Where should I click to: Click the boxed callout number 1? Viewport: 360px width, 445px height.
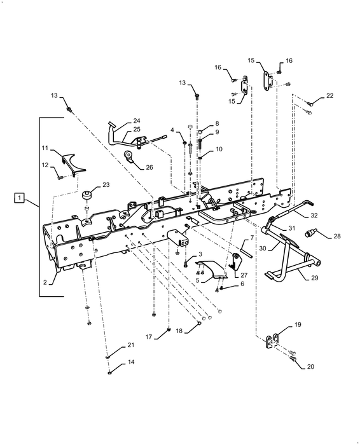pos(19,198)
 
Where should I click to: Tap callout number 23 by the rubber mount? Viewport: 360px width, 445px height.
pos(106,185)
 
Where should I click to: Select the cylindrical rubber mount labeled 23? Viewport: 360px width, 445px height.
pos(87,196)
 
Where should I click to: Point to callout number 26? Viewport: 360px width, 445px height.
pos(149,167)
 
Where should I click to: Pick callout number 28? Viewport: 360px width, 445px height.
pos(336,236)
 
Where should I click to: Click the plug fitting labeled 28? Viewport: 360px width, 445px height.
pos(310,234)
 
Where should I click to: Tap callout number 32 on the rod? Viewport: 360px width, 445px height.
pos(314,216)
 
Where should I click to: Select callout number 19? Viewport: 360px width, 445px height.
pos(298,324)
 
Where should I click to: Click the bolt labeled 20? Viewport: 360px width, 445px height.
pos(293,359)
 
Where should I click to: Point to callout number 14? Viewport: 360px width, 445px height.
pos(131,362)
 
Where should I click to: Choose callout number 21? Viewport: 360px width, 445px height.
pos(130,345)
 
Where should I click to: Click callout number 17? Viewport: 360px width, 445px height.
pos(149,337)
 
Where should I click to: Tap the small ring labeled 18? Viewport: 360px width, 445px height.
pos(200,323)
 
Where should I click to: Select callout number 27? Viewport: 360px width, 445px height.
pos(244,275)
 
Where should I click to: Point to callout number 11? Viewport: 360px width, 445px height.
pos(45,148)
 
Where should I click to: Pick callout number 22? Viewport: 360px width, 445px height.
pos(329,95)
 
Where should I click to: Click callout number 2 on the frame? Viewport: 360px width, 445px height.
pos(45,282)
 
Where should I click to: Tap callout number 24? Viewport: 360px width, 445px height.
pos(137,121)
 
